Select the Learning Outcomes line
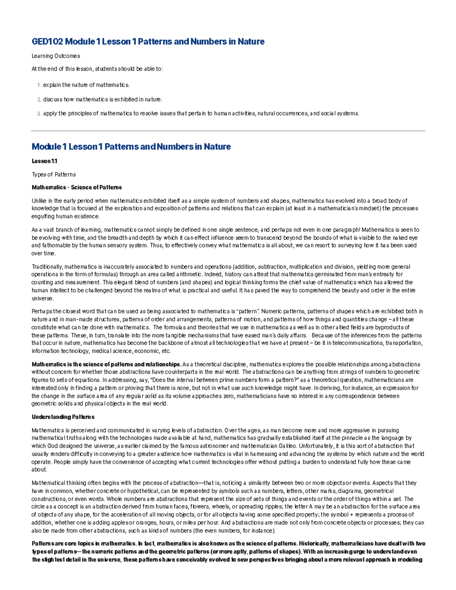click(x=55, y=56)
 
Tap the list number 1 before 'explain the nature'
click(x=39, y=85)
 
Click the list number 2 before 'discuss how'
click(x=39, y=100)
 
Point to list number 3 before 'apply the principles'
click(x=39, y=114)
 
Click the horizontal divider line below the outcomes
click(x=228, y=131)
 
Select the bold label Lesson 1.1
click(x=44, y=161)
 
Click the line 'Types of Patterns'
click(x=54, y=175)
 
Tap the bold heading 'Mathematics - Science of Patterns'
click(x=77, y=188)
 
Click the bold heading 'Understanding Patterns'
click(x=63, y=417)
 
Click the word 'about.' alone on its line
click(x=40, y=470)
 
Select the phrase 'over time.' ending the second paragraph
click(x=43, y=253)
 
